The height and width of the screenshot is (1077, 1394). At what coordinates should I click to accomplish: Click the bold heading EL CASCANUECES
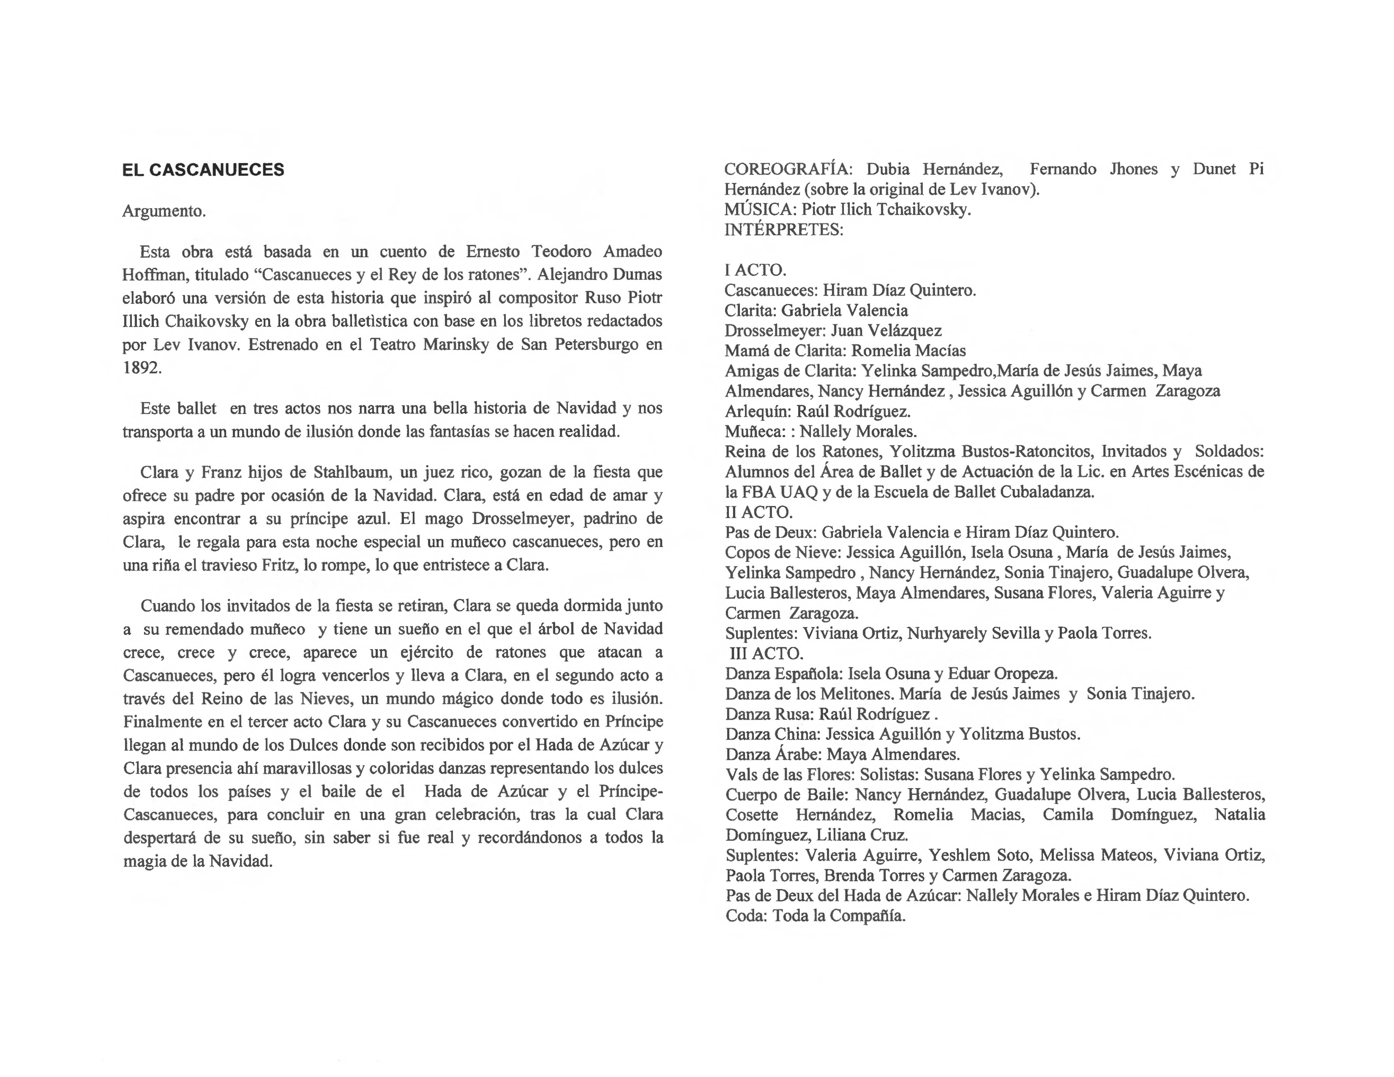tap(203, 170)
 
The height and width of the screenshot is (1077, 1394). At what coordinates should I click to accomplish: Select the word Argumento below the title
tap(164, 211)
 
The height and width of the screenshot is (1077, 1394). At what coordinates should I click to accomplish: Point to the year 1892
tap(142, 368)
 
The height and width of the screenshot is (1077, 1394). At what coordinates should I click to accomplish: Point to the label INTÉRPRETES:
tap(783, 230)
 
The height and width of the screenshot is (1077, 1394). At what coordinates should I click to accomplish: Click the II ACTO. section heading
tap(759, 512)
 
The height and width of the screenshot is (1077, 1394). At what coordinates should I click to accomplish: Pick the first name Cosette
tap(751, 815)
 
